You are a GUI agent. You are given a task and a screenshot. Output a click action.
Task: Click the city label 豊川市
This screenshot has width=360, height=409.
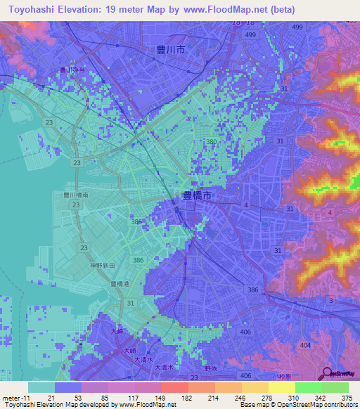tap(171, 50)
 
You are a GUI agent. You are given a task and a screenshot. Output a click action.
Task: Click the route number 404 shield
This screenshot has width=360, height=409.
tap(304, 346)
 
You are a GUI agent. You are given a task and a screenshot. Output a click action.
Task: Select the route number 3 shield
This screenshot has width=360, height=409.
tap(330, 301)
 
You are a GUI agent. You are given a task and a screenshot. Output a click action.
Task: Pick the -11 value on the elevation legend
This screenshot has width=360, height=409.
tap(25, 398)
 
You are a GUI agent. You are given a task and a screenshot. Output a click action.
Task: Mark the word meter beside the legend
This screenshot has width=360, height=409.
tap(11, 398)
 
